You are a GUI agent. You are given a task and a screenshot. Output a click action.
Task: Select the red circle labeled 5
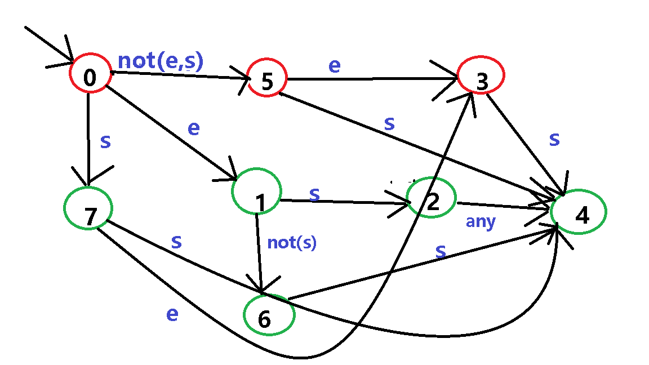(267, 78)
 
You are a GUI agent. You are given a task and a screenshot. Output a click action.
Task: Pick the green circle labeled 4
(579, 211)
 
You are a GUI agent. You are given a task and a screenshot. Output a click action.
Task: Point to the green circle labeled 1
(256, 191)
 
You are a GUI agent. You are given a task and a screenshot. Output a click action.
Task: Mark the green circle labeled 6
(269, 315)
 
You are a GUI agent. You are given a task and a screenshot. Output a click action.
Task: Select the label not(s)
(292, 243)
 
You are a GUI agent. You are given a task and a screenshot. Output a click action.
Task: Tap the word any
(480, 222)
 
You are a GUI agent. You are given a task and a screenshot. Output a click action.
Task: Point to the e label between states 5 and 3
(334, 65)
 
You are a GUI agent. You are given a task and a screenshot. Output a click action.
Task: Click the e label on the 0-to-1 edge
(193, 128)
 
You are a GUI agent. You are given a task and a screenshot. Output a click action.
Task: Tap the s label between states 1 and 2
(314, 194)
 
